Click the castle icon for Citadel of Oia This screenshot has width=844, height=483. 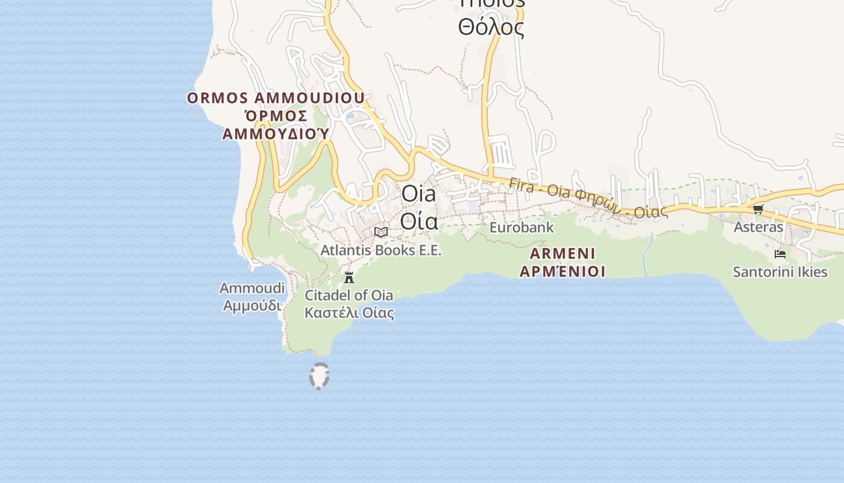coord(349,278)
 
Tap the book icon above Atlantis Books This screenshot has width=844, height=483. coord(380,232)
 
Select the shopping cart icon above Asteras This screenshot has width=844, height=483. coord(758,209)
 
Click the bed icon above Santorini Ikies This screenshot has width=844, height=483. coord(780,254)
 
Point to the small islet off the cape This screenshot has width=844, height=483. coord(319,376)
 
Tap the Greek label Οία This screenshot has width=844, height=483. coord(419,222)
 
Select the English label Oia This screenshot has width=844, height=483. coord(418,194)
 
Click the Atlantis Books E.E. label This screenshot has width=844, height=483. coord(381,250)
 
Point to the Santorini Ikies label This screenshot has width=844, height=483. coord(780,272)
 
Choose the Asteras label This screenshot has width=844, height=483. coord(758,228)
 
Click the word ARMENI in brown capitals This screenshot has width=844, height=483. coord(562,254)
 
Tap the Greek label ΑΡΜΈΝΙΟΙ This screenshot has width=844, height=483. coord(562,272)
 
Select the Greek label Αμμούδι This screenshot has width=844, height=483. coord(252,306)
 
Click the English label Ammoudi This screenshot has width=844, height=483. coord(252,289)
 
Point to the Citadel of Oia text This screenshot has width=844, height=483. coord(349,295)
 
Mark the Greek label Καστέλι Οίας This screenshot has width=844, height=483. coord(349,313)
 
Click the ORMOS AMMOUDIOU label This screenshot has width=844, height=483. coord(276,98)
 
